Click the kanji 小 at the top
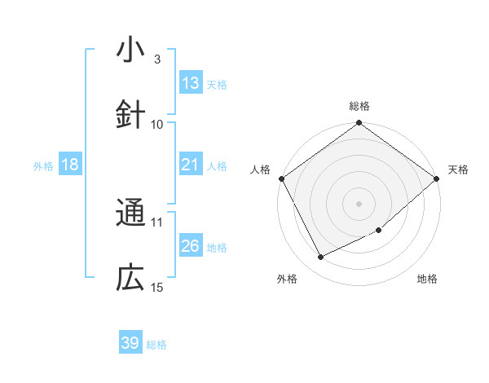(130, 50)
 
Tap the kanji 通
(130, 214)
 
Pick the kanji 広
(130, 279)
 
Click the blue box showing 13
(191, 83)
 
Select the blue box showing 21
(191, 165)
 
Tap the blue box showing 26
(191, 246)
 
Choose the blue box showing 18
(70, 165)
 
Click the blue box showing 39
(130, 343)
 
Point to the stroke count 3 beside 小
(156, 59)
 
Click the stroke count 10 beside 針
(157, 124)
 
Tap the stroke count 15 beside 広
(157, 287)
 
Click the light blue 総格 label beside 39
(157, 345)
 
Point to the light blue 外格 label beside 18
(43, 166)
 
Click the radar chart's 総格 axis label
(359, 106)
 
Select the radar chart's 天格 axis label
(458, 169)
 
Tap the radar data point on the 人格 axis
(281, 178)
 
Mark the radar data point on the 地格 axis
(379, 231)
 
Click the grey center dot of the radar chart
(359, 204)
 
